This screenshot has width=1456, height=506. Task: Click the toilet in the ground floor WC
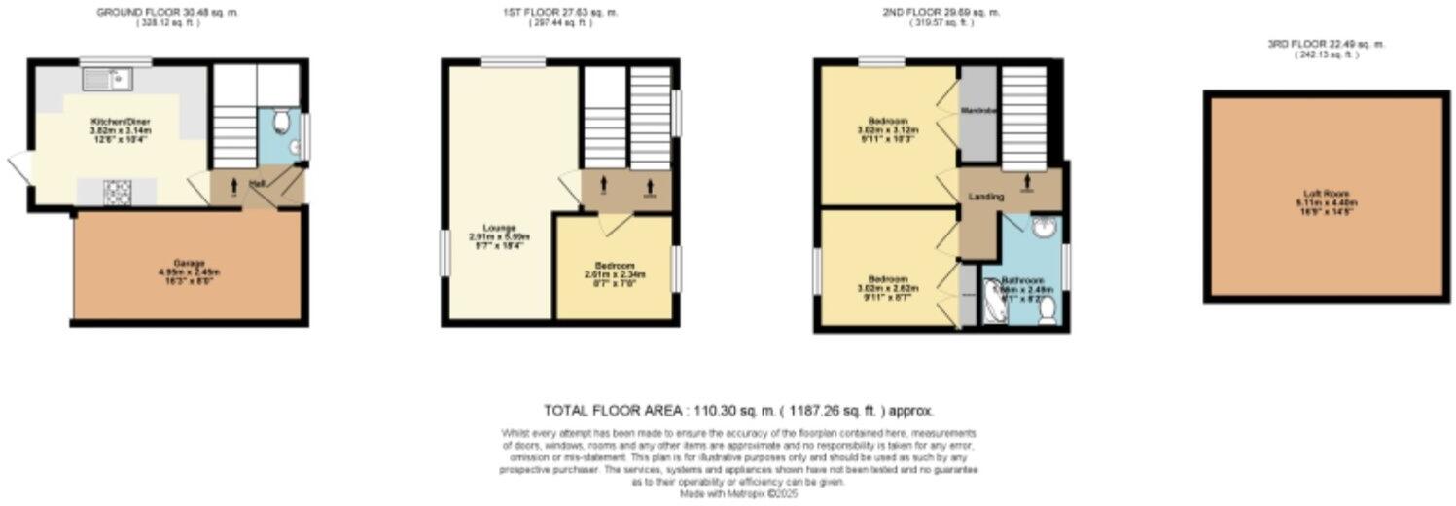click(x=282, y=123)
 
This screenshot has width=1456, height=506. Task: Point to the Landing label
click(x=985, y=197)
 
